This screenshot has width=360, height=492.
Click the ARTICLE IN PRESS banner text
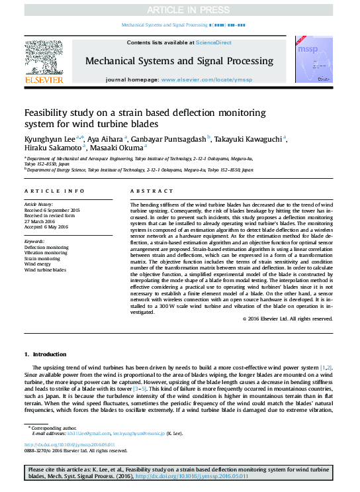tap(179, 9)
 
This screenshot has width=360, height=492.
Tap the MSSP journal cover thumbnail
tap(308, 60)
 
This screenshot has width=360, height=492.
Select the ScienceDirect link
tap(213, 42)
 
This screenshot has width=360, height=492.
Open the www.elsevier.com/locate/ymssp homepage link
tap(206, 79)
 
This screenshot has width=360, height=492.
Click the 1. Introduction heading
tap(45, 355)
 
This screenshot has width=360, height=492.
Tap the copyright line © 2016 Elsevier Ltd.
tap(287, 319)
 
